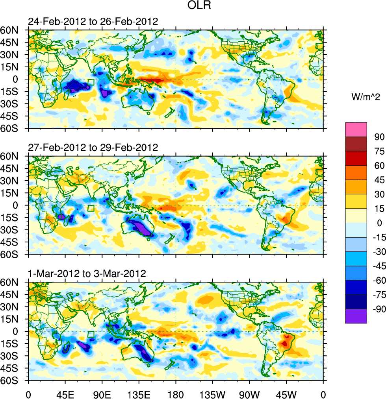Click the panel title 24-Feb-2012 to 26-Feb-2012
[x=93, y=22]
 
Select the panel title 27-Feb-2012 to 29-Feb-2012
[x=93, y=148]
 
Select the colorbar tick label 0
[x=380, y=223]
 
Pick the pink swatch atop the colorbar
[x=356, y=129]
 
